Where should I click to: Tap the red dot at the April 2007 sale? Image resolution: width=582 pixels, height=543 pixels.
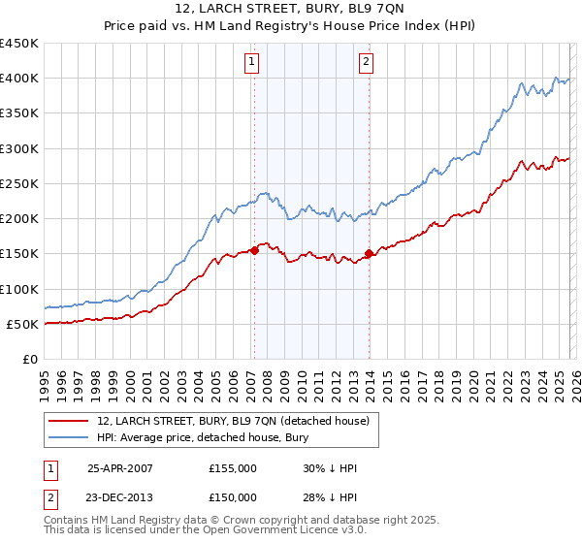coord(254,250)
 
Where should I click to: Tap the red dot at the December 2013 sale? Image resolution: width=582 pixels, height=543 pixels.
coord(369,254)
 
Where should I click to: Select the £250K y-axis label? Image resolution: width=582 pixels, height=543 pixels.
coord(19,183)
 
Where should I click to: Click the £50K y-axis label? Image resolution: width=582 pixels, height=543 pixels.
coord(22,324)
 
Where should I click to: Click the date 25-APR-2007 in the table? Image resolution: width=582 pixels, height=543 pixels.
coord(120,467)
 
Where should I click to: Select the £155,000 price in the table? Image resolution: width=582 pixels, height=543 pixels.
coord(232,467)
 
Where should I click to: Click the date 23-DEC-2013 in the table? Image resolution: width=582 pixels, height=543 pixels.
coord(120,497)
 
